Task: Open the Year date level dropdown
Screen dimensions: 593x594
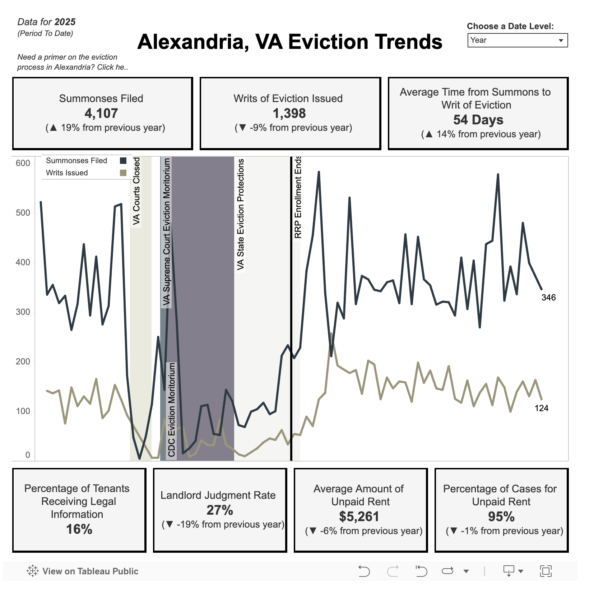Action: tap(517, 40)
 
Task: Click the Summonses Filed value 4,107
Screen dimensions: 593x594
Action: tap(101, 113)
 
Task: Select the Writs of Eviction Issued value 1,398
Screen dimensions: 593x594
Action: tap(289, 113)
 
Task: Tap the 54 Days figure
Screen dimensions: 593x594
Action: tap(478, 120)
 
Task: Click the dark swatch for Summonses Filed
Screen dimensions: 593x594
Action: tap(123, 161)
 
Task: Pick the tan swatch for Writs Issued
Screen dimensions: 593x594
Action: tap(123, 173)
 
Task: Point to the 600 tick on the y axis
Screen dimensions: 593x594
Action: tap(23, 163)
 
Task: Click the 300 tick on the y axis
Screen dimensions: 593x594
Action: tap(23, 312)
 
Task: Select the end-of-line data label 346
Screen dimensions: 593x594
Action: tap(548, 298)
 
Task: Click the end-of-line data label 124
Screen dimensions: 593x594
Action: tap(541, 408)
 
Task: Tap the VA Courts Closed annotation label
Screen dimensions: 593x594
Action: tap(136, 191)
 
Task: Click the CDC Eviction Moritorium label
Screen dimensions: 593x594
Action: tap(172, 410)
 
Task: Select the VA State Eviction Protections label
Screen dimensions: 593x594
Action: tap(241, 215)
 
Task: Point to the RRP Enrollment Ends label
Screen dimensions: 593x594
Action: tap(298, 197)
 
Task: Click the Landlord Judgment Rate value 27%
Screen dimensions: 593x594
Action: tap(220, 510)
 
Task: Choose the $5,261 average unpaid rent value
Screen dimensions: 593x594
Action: tap(359, 516)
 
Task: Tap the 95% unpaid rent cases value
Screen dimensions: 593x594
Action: tap(501, 516)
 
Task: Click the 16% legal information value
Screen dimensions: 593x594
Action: tap(79, 529)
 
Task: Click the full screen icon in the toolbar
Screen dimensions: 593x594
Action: tap(546, 571)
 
